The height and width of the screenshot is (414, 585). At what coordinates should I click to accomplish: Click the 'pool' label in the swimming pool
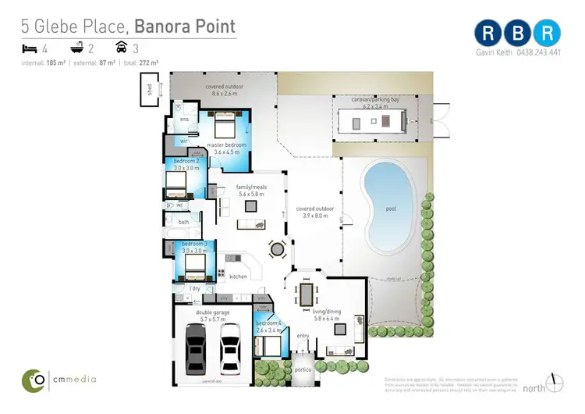(x=390, y=209)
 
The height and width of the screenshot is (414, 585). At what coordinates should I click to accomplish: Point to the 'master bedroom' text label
(x=225, y=145)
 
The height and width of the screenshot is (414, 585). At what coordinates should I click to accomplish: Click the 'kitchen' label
(x=238, y=277)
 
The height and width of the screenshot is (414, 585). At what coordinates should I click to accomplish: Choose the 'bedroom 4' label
(x=269, y=323)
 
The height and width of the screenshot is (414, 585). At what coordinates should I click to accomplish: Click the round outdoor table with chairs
(x=278, y=250)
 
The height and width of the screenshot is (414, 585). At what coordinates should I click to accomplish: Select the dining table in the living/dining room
(x=307, y=295)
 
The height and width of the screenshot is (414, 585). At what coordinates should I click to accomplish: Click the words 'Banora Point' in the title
(x=187, y=26)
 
